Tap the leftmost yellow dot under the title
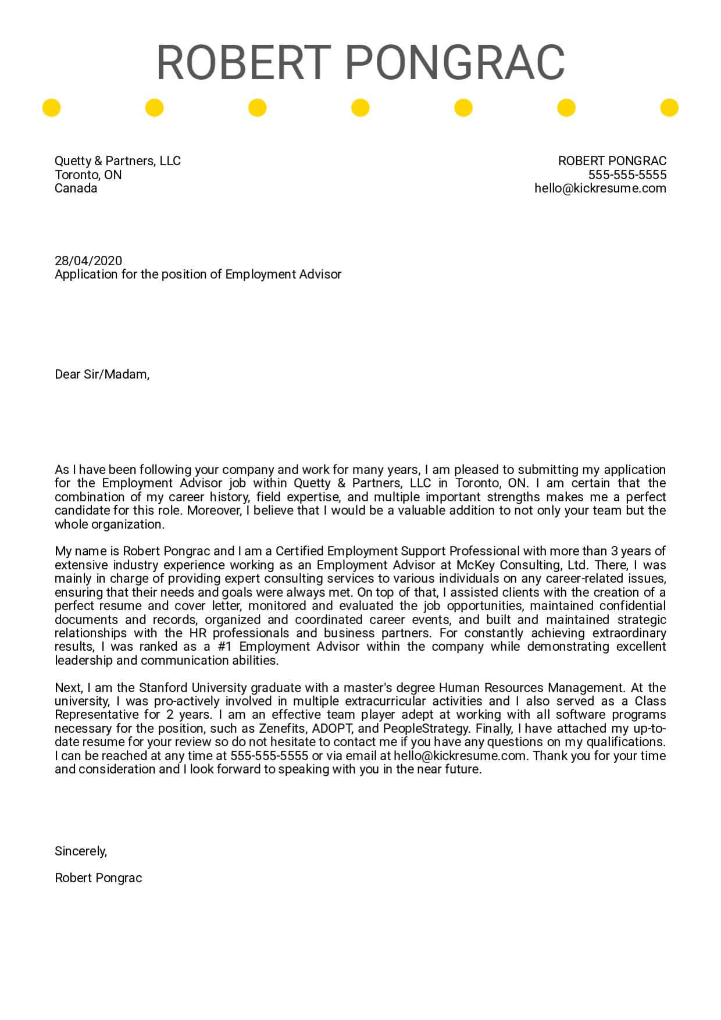click(52, 108)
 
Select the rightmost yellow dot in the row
click(669, 108)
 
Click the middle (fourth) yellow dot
click(360, 108)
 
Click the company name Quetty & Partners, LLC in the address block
click(117, 161)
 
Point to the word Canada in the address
click(76, 188)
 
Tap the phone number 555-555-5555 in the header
click(627, 175)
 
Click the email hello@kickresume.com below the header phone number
click(600, 188)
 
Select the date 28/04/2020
click(88, 261)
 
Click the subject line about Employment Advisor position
click(198, 274)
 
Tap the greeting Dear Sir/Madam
click(102, 375)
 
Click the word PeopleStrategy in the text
click(426, 729)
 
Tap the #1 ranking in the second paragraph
click(224, 647)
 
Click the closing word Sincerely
click(81, 851)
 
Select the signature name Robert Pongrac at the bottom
click(98, 878)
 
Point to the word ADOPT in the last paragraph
click(332, 729)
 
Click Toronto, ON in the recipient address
click(88, 175)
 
